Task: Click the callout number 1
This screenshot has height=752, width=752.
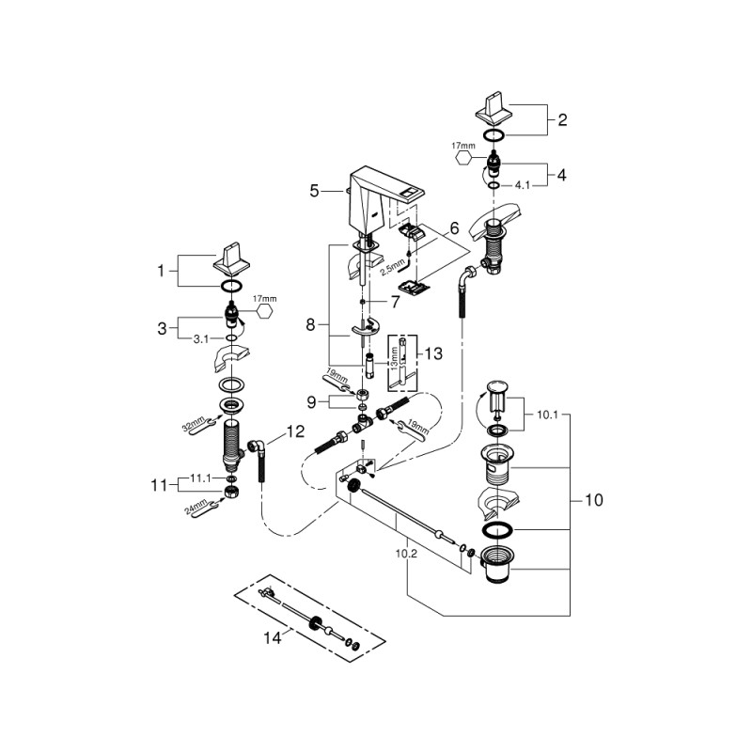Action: coord(161,271)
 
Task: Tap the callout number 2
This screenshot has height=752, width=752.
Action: coord(562,120)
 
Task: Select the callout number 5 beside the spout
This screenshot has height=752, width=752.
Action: coord(314,191)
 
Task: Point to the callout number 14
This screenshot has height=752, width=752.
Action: coord(273,637)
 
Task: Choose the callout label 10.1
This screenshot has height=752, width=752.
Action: coord(547,413)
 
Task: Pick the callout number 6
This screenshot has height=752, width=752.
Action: coord(453,228)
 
